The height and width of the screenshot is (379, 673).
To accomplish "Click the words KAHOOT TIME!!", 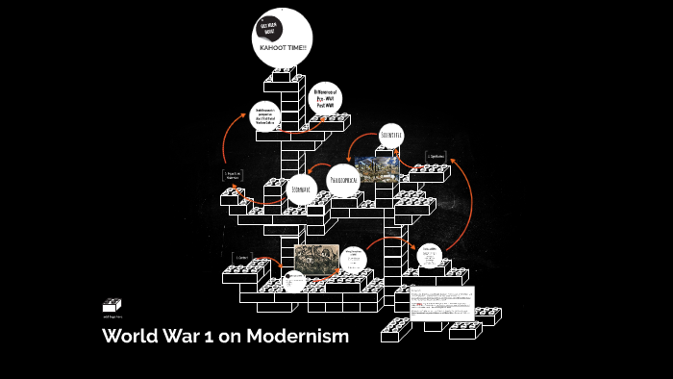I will point(283,47).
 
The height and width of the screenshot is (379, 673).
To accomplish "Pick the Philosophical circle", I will point(345,180).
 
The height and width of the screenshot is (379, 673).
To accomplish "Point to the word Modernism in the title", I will point(297,337).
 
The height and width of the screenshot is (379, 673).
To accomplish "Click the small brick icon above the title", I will point(112,306).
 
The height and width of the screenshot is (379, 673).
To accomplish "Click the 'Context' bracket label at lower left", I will point(242,257).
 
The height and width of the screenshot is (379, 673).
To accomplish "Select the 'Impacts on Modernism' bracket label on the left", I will point(232,176).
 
